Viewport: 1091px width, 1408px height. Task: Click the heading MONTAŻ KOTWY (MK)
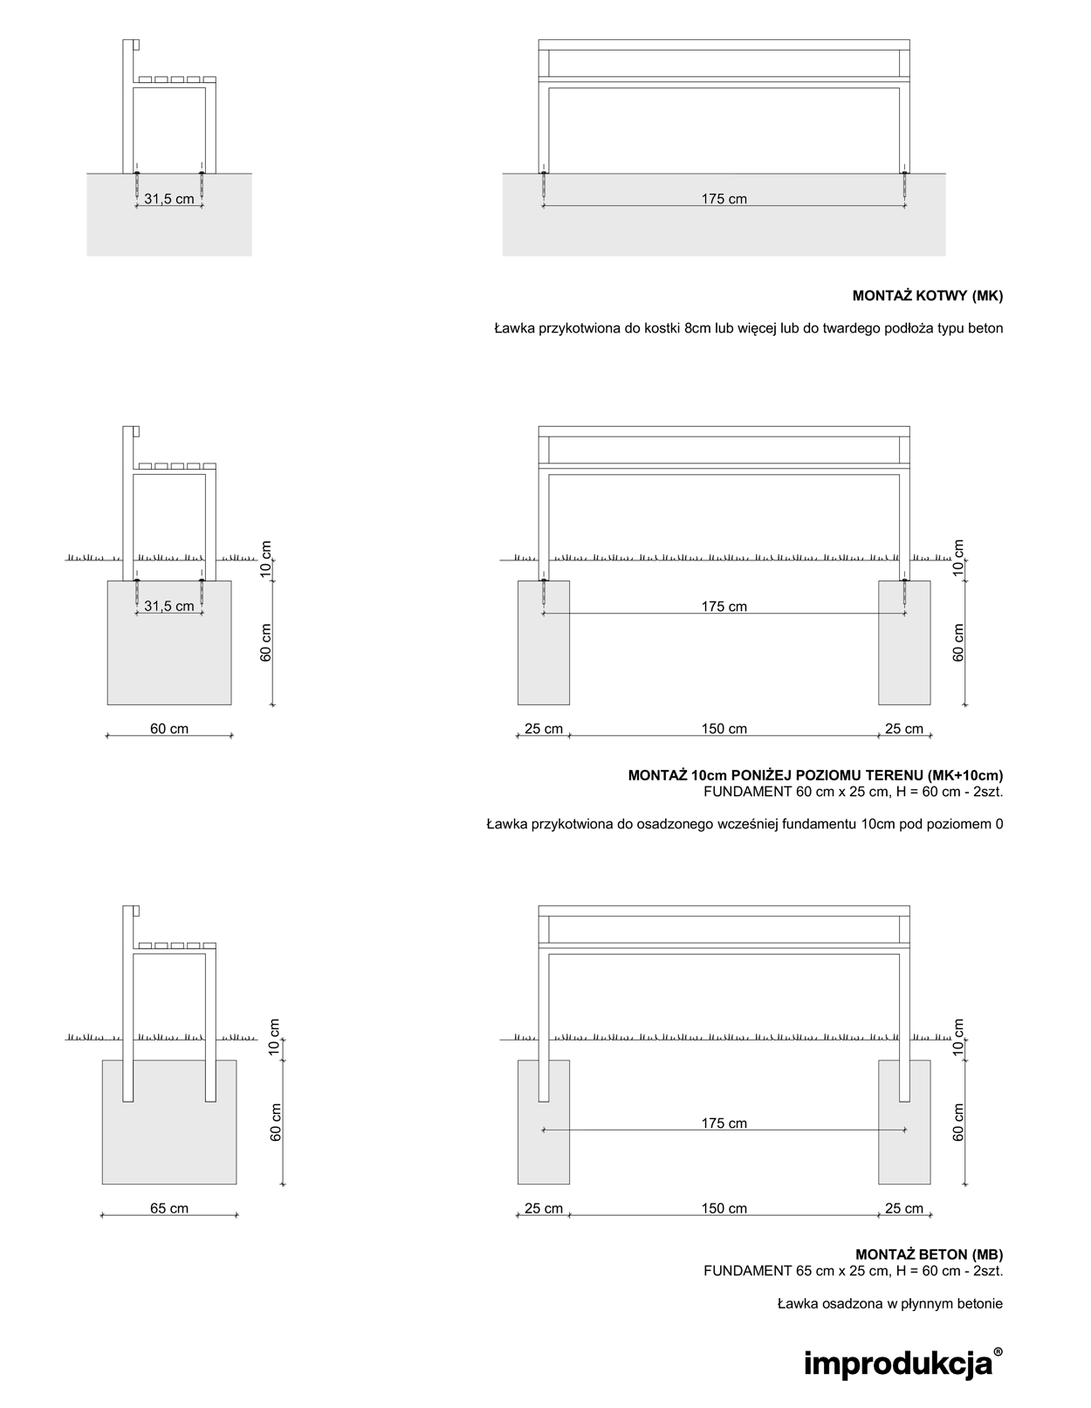coord(927,296)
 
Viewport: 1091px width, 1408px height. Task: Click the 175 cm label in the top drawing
coord(724,199)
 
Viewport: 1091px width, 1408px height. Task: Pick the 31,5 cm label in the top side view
coord(169,199)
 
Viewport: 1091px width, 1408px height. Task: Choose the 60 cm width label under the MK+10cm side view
coord(169,728)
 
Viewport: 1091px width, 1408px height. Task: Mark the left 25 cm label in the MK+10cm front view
coord(544,728)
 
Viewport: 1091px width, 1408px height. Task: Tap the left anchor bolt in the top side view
coord(137,185)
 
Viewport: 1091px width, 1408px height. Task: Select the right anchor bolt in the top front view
coord(904,185)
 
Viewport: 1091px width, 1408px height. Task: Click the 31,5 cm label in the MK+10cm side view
coord(169,606)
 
